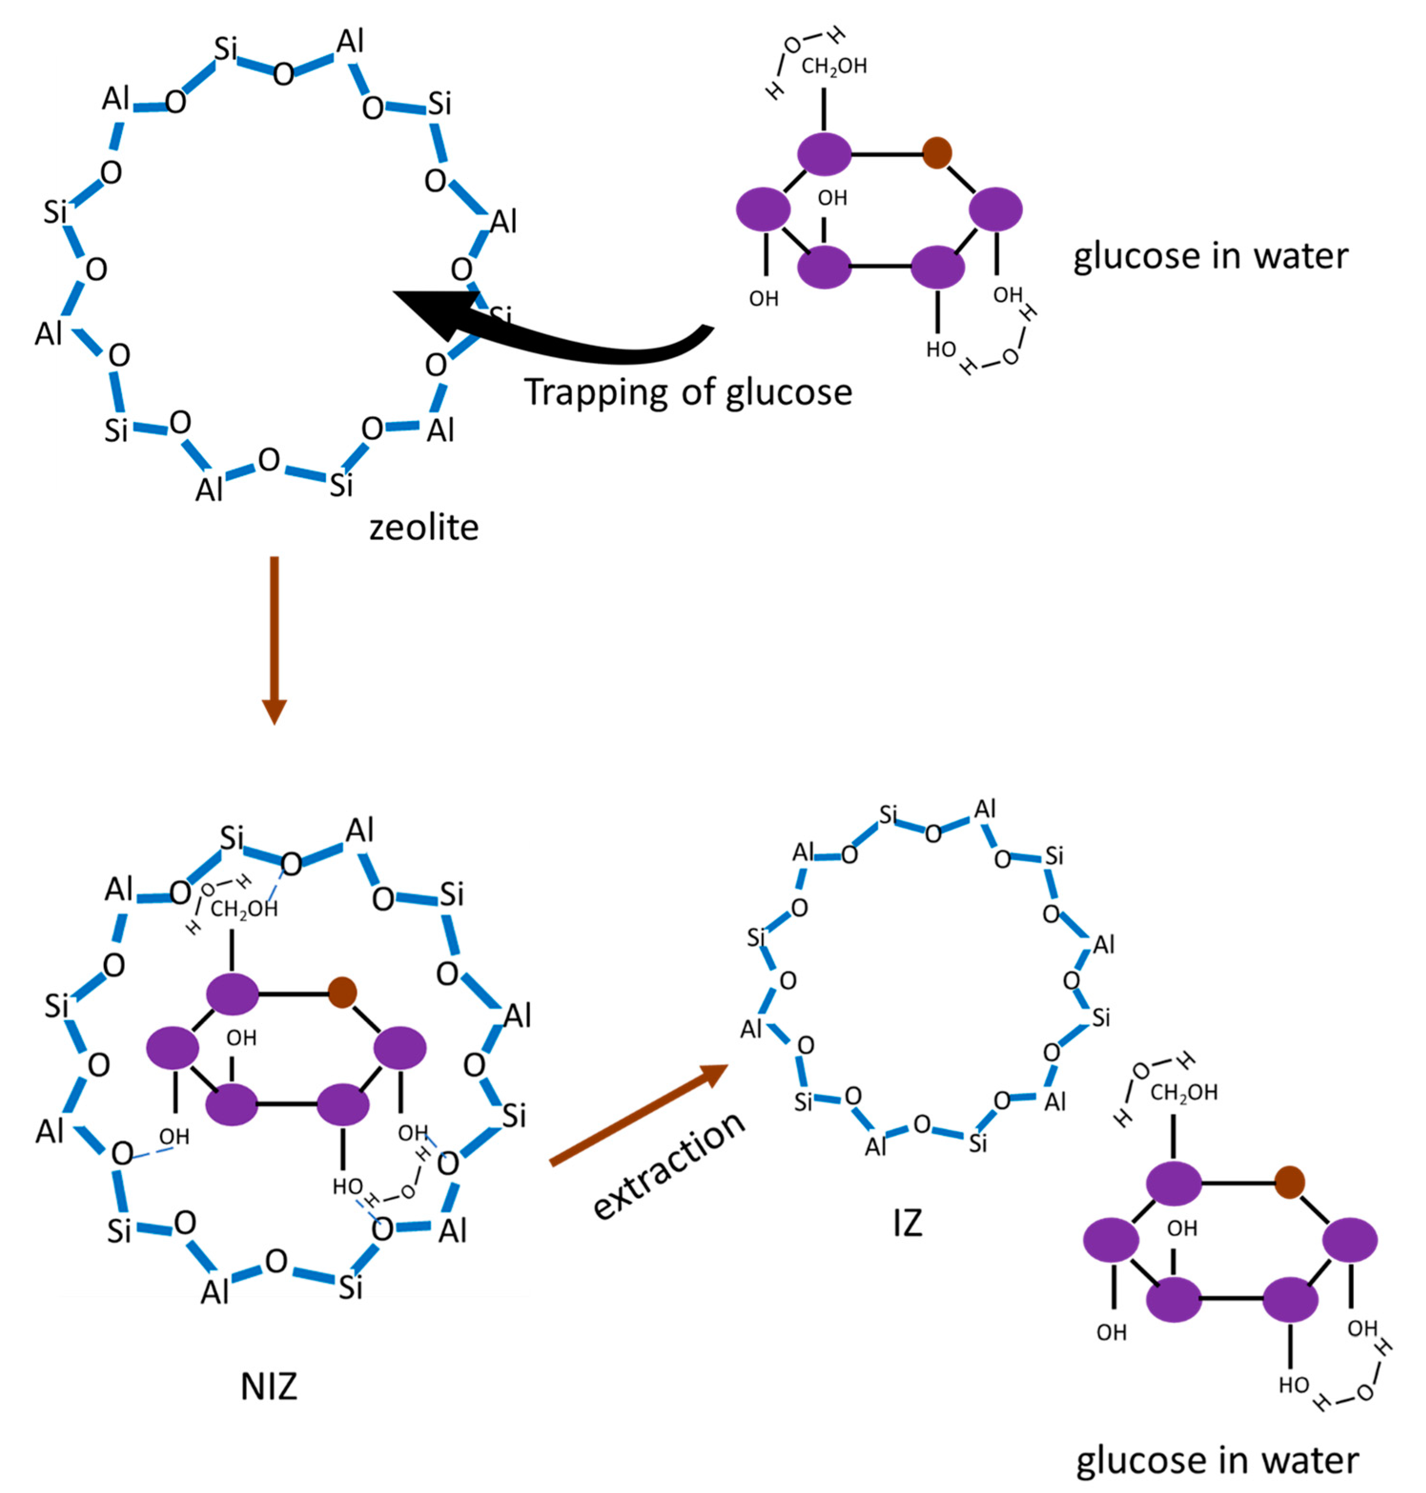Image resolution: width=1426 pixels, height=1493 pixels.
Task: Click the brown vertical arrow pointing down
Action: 275,639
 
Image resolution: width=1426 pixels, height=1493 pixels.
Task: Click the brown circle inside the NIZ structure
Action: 342,993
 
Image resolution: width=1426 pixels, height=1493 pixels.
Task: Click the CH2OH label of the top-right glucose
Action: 834,67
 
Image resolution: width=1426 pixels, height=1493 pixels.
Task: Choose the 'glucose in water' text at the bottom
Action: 1217,1461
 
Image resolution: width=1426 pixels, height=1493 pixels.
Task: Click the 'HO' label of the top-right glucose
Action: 940,350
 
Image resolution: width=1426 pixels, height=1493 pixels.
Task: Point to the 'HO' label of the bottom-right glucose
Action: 1293,1385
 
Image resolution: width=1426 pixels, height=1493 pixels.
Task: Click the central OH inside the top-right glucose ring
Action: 832,198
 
